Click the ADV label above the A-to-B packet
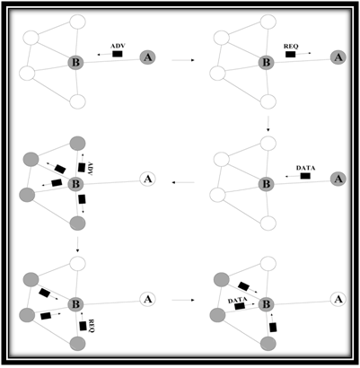point(117,47)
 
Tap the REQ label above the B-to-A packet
point(291,47)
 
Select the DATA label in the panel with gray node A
point(305,168)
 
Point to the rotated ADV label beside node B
point(89,169)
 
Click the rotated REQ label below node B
point(91,326)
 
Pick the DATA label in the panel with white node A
point(237,301)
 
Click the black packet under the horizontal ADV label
point(117,54)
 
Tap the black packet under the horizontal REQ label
point(290,54)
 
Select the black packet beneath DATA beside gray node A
point(305,176)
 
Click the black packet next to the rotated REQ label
point(83,326)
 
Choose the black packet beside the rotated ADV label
point(82,168)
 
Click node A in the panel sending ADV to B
point(148,57)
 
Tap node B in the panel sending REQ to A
point(266,63)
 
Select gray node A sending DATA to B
point(338,179)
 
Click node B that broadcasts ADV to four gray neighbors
point(75,184)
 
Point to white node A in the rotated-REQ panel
point(148,299)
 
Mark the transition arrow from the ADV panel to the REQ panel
point(183,60)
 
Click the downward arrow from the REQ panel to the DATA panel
point(268,123)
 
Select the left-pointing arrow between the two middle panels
point(183,182)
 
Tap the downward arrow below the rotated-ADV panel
point(77,245)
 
